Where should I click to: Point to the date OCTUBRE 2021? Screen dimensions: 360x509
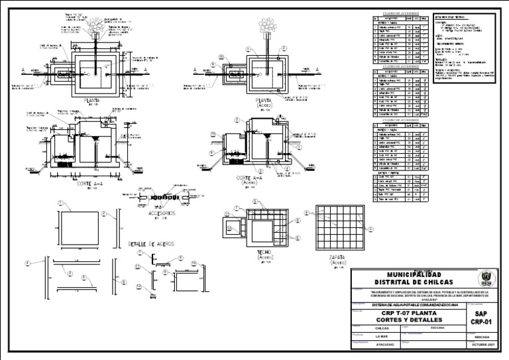pyautogui.click(x=481, y=345)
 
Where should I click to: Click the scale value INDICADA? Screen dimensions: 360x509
pyautogui.click(x=481, y=336)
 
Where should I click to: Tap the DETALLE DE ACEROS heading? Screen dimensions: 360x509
pyautogui.click(x=151, y=244)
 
